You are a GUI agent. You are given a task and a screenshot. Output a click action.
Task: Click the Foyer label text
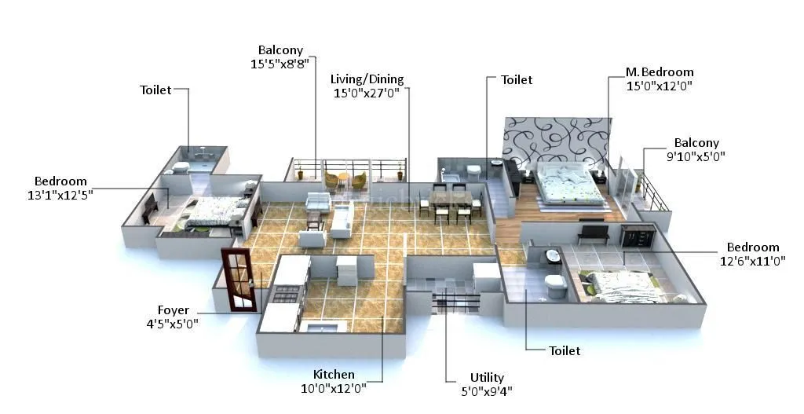point(173,310)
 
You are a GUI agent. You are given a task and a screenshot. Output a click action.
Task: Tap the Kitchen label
point(334,375)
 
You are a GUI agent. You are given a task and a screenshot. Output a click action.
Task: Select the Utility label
point(487,378)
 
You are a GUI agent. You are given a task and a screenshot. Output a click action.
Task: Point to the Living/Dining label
point(367,79)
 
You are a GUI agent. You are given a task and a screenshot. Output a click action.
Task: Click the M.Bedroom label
point(660,72)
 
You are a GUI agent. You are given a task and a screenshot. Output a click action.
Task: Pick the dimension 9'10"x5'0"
point(696,156)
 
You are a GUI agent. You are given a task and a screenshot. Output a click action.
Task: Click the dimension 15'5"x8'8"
point(280,63)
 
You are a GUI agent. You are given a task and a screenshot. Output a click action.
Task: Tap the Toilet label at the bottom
point(565,351)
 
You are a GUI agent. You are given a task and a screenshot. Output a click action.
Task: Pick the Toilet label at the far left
point(155,90)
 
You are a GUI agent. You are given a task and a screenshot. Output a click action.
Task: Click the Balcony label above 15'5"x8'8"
point(280,50)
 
